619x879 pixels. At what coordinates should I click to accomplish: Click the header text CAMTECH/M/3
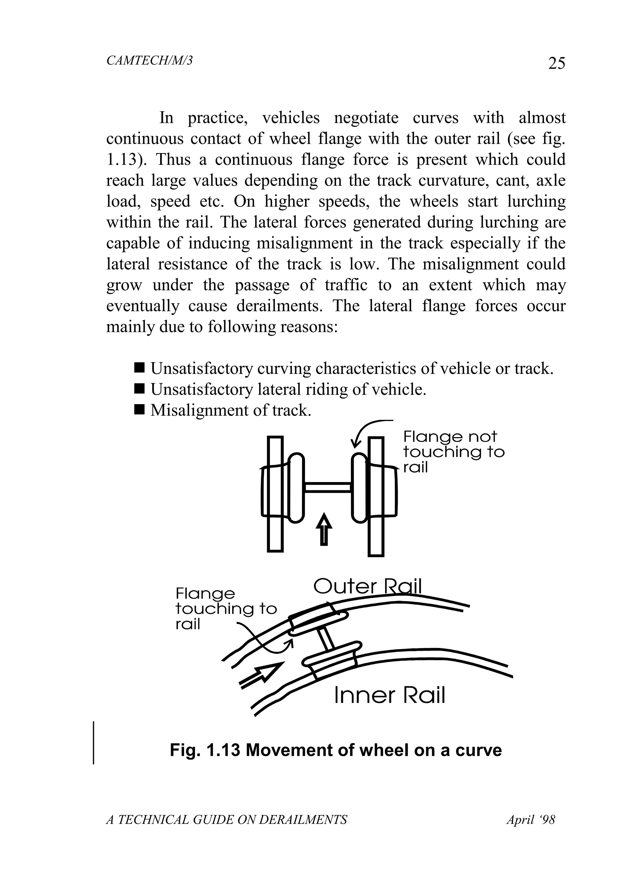(149, 60)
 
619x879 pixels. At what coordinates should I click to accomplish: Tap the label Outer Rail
(367, 586)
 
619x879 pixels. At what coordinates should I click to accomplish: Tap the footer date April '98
(531, 820)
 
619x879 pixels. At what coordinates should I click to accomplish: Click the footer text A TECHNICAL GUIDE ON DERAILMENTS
(226, 820)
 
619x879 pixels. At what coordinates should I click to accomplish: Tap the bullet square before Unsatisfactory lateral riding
(140, 389)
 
